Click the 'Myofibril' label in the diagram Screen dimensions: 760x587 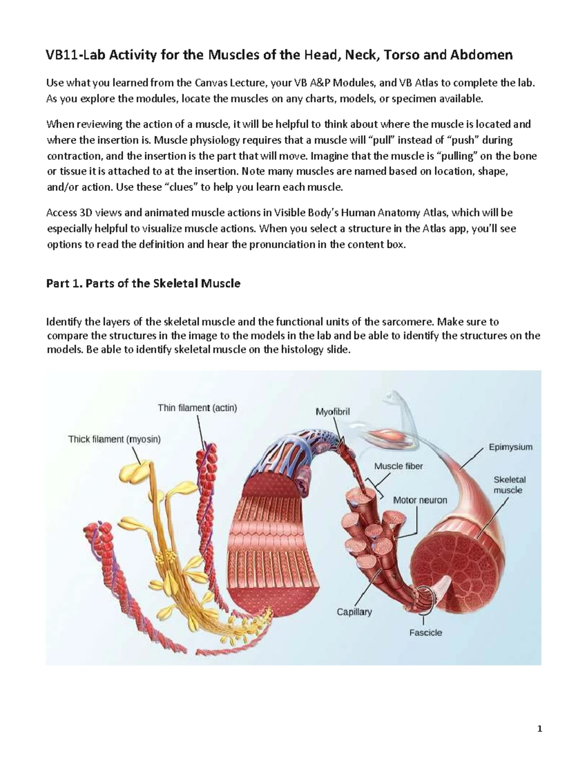(x=333, y=412)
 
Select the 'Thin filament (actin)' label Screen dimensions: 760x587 (x=197, y=408)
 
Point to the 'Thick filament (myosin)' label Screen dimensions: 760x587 (x=114, y=439)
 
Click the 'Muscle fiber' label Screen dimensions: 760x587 (x=398, y=466)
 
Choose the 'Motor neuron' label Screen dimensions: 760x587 (x=420, y=500)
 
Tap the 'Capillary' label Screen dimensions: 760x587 (x=354, y=611)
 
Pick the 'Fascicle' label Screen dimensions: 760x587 (x=426, y=632)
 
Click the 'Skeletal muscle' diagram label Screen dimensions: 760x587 (x=509, y=485)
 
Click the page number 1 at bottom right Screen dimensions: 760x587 (x=540, y=729)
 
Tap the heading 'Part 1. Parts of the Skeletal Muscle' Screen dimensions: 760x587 (x=143, y=283)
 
